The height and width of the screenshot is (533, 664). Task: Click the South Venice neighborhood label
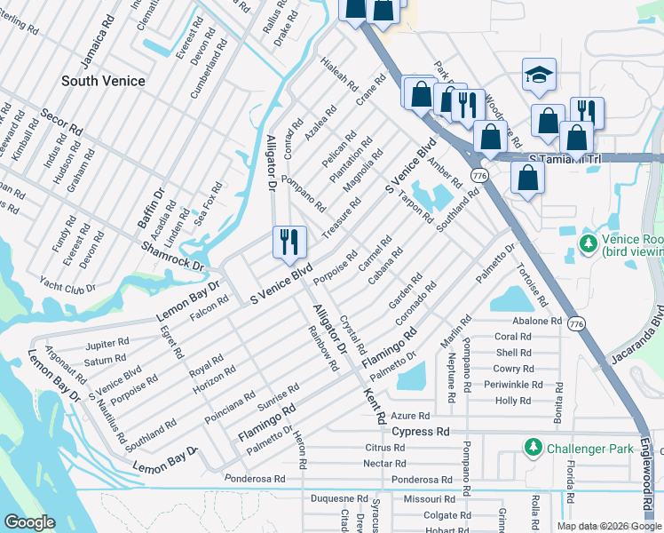click(103, 81)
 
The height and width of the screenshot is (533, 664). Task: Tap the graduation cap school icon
click(539, 76)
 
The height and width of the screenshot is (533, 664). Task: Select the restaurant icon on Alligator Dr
click(289, 242)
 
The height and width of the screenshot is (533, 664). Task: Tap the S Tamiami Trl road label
click(565, 159)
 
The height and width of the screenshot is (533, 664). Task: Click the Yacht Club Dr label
click(67, 284)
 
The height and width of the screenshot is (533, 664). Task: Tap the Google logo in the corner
click(29, 522)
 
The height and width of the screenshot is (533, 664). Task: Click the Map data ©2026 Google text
click(609, 526)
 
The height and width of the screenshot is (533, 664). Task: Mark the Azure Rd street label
click(410, 416)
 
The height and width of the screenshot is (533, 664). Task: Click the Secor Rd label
click(61, 124)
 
